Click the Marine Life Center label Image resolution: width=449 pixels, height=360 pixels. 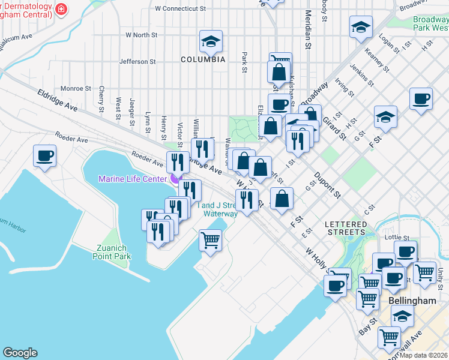(133, 178)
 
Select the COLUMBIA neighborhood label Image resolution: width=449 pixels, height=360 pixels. (203, 59)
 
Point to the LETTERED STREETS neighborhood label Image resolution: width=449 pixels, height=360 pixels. (346, 228)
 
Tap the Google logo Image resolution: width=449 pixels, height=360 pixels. (20, 353)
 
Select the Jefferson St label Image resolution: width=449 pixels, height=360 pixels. (137, 61)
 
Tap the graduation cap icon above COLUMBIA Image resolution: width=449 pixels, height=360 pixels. (211, 41)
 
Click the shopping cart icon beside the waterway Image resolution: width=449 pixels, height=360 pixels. (210, 239)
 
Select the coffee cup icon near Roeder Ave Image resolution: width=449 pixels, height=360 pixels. (45, 156)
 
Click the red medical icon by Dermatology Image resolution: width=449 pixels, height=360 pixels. (61, 9)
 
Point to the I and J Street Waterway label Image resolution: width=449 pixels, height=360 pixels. (217, 209)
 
